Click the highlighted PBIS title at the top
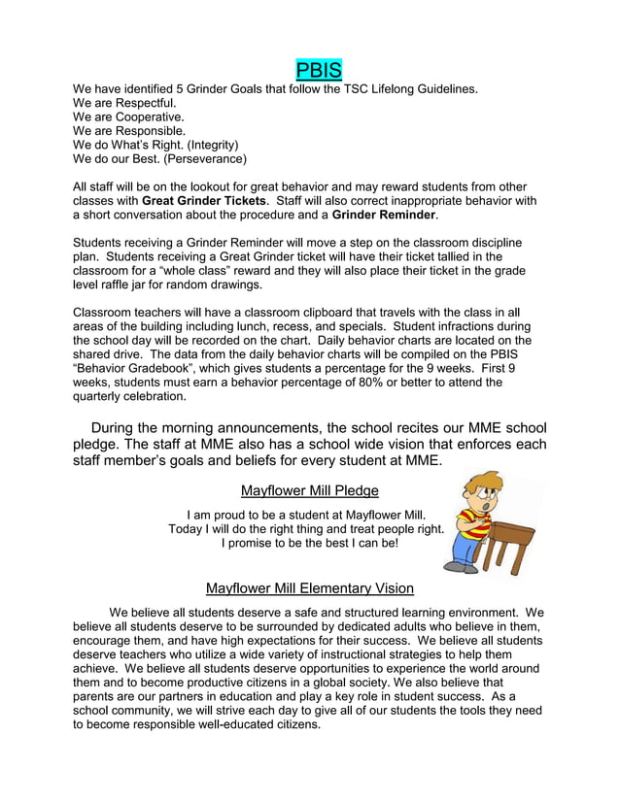pyautogui.click(x=320, y=70)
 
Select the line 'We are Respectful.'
pyautogui.click(x=124, y=102)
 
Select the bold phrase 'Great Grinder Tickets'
pyautogui.click(x=203, y=200)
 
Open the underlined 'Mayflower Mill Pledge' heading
pyautogui.click(x=309, y=489)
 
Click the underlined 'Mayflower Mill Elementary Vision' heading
pyautogui.click(x=309, y=587)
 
